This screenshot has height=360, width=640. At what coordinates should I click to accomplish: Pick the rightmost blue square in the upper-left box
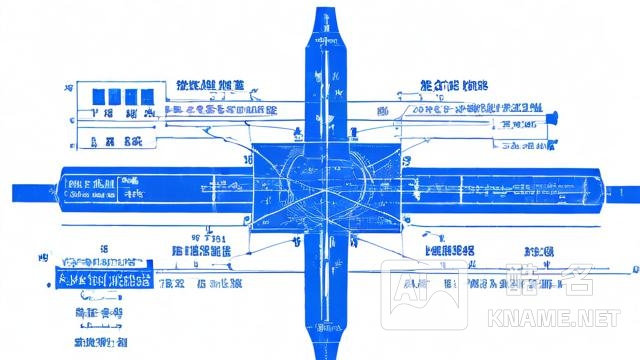[x=147, y=96]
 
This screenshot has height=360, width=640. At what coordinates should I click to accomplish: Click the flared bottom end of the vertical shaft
[x=327, y=345]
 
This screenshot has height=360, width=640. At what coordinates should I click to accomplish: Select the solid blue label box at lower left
[x=101, y=279]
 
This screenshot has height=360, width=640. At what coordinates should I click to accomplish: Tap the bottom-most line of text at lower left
[x=100, y=342]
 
